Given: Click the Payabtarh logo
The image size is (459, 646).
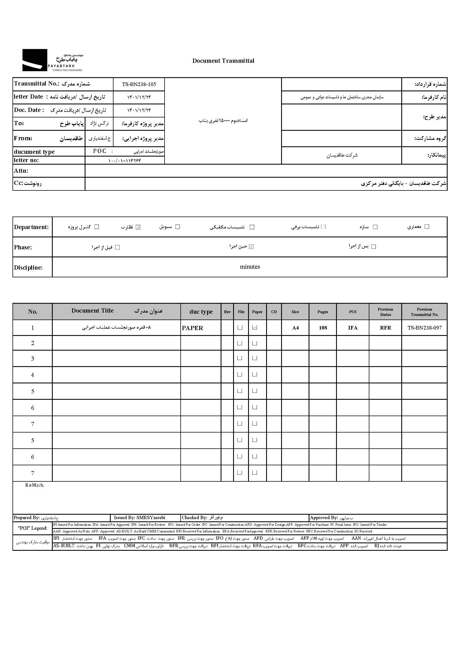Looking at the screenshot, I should [52, 60].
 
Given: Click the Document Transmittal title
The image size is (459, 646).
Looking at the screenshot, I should [223, 61].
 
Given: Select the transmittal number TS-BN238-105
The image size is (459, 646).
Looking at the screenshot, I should [139, 84].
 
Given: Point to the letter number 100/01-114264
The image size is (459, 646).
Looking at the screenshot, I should [124, 160].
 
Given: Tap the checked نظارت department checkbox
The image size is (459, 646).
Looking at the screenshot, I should [138, 227].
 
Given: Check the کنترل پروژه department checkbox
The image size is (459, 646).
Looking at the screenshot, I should [97, 227].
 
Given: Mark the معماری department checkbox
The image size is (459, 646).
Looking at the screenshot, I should [427, 227].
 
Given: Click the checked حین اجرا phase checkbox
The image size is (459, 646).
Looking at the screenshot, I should [251, 247].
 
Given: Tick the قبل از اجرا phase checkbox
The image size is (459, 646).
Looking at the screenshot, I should [118, 247].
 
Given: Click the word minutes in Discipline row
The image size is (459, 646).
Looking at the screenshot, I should [249, 267].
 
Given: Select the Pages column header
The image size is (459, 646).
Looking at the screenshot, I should [322, 311].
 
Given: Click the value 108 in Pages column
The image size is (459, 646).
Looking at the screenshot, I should [323, 328].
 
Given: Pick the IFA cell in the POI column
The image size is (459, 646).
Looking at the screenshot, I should [352, 328].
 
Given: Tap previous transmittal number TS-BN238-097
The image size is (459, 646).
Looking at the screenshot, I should [424, 328].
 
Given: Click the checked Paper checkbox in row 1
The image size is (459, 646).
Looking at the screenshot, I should [255, 327].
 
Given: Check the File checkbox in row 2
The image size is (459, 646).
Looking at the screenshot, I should [240, 343].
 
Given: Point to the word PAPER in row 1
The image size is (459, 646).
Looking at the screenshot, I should [193, 328].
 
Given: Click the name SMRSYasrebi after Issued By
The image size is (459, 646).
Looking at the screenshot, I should [151, 518].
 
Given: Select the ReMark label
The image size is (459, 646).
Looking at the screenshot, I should [34, 485].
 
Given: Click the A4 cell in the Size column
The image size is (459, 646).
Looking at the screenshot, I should [295, 328].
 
